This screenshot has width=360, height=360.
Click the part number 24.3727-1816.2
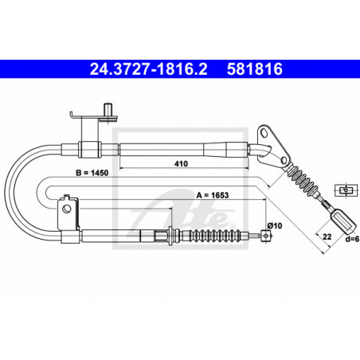(148, 69)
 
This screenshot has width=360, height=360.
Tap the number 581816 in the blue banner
(254, 69)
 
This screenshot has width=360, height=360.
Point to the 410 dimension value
(181, 163)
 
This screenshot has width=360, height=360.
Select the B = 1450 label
(92, 173)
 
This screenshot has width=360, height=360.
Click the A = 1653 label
(213, 195)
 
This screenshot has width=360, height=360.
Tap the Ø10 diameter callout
(275, 226)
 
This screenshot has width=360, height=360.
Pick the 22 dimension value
(327, 237)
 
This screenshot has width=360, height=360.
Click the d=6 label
(352, 239)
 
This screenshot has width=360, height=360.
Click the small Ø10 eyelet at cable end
(266, 235)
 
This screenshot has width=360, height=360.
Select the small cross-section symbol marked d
(346, 190)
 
